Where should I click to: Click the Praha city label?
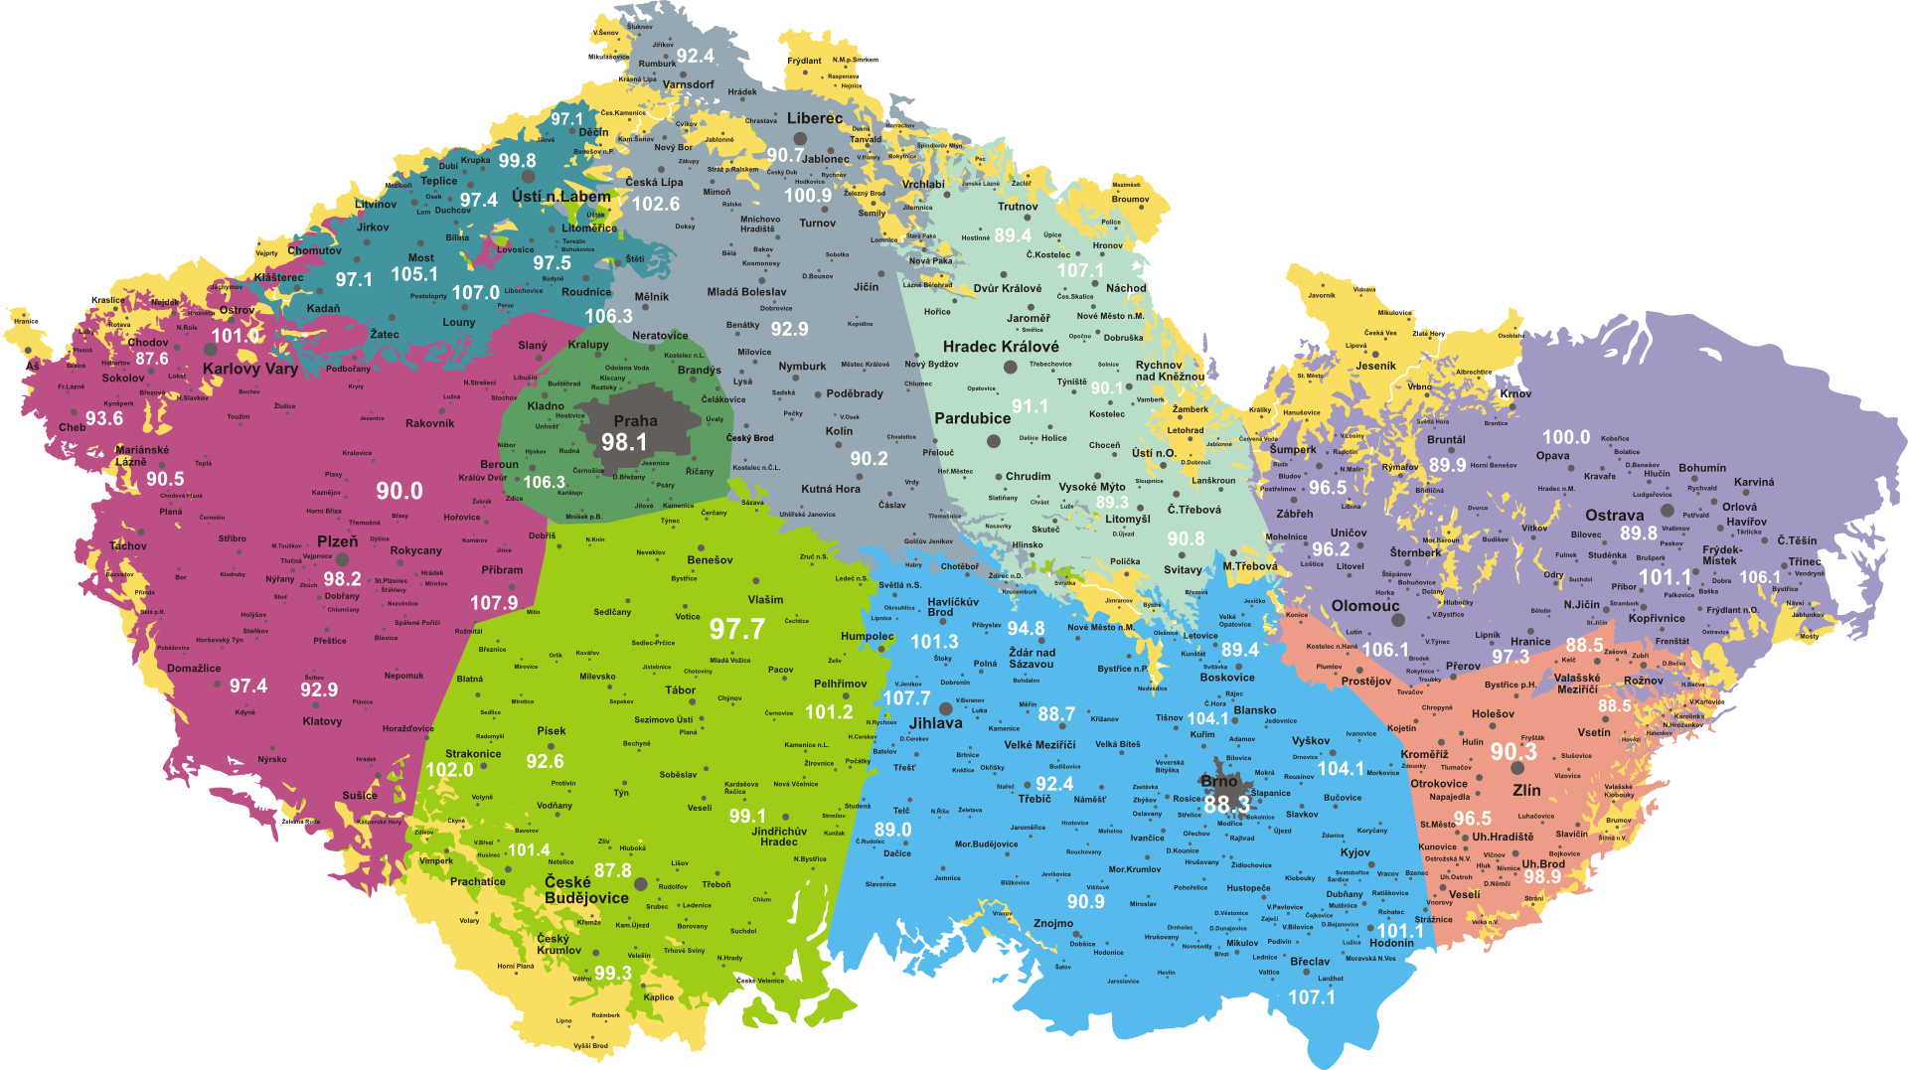[635, 421]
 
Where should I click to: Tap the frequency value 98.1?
[624, 443]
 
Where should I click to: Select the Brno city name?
[1219, 781]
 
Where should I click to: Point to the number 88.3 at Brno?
[1227, 804]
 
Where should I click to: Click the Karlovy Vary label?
[250, 369]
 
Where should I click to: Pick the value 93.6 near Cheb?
[104, 418]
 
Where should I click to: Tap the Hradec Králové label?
[1001, 347]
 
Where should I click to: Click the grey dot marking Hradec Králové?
[1011, 367]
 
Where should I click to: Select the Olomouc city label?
[1365, 606]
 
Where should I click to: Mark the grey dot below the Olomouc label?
[1398, 620]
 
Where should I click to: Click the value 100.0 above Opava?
[1566, 437]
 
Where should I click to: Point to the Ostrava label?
[1615, 515]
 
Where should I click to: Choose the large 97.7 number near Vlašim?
[737, 629]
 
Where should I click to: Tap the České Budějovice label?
[586, 890]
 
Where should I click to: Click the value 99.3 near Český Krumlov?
[613, 974]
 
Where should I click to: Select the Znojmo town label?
[1053, 923]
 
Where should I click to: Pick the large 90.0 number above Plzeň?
[399, 491]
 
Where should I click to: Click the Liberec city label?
[815, 118]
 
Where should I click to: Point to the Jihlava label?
[936, 723]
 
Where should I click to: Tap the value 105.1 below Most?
[414, 274]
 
